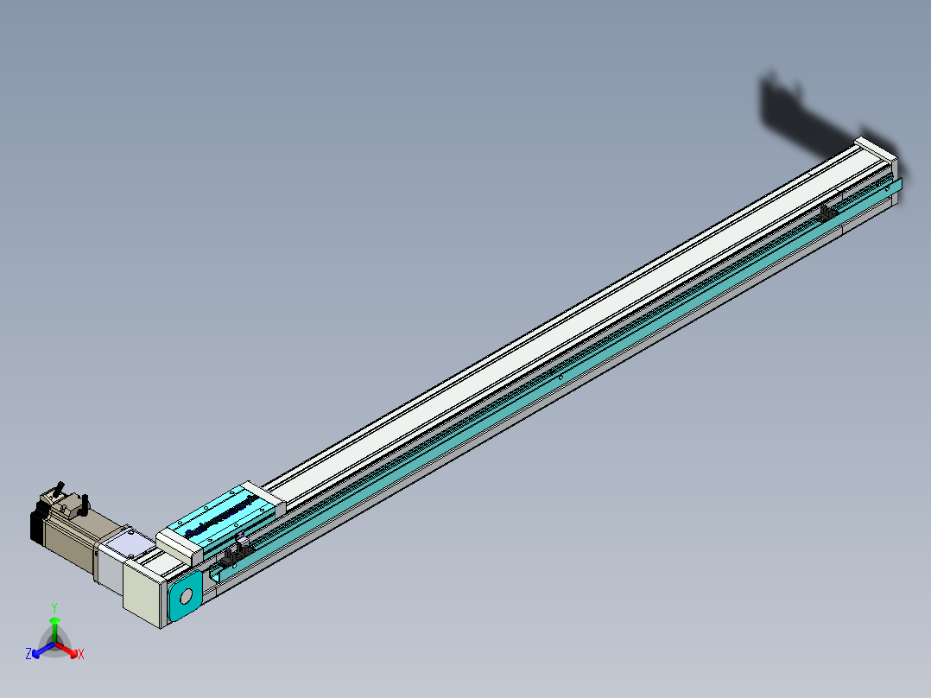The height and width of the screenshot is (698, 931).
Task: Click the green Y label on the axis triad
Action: pyautogui.click(x=54, y=607)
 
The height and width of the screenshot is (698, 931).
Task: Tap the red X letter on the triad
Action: pyautogui.click(x=81, y=655)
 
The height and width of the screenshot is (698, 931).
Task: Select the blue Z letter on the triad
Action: pyautogui.click(x=28, y=655)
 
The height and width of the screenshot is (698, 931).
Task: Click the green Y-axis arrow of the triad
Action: pyautogui.click(x=54, y=626)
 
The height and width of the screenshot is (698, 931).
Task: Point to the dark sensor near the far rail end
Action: pyautogui.click(x=829, y=213)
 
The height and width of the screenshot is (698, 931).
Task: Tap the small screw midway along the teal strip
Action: pyautogui.click(x=560, y=377)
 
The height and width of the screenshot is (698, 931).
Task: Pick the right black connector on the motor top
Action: pyautogui.click(x=85, y=503)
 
